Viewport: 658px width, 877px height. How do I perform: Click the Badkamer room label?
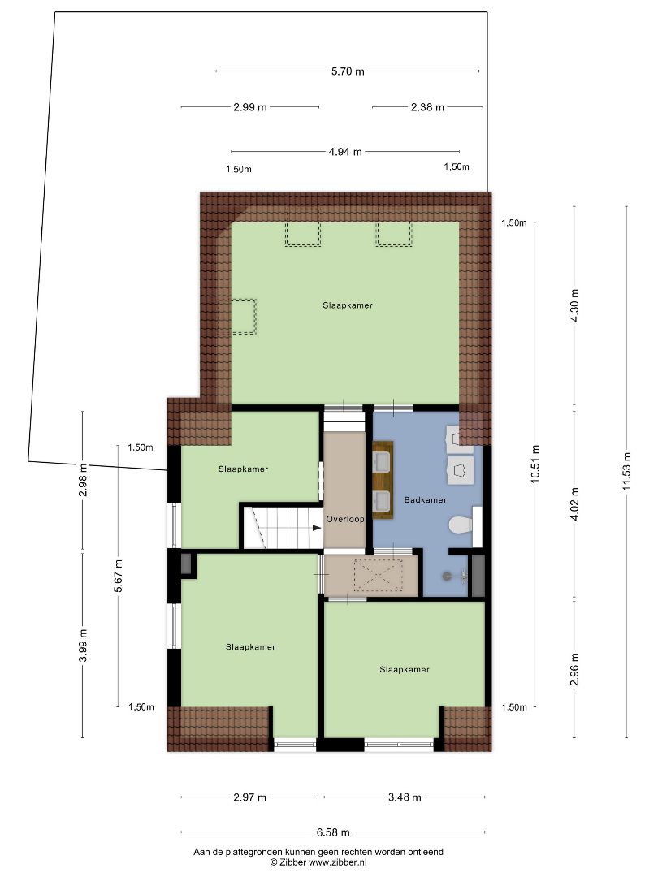(x=425, y=499)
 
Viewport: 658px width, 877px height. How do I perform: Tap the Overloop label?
(x=345, y=519)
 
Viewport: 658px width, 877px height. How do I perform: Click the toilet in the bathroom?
(x=461, y=525)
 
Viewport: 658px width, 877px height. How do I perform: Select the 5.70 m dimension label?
(x=348, y=71)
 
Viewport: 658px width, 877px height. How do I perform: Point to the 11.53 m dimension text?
(x=626, y=471)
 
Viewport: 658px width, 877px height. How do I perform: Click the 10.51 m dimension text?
(x=535, y=464)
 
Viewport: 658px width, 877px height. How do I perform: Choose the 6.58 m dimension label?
(x=333, y=832)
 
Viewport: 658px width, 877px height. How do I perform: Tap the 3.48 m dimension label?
(x=405, y=797)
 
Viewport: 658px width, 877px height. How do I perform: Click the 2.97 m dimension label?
(x=249, y=797)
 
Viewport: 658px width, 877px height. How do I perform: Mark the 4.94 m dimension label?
(x=345, y=152)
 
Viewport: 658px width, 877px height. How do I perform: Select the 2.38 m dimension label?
(x=427, y=107)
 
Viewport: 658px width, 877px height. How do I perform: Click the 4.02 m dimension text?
(x=574, y=503)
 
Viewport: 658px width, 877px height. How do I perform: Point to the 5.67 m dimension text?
(x=118, y=576)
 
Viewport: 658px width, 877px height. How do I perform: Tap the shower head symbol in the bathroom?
(x=454, y=575)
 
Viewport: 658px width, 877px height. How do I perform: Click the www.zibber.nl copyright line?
(x=318, y=862)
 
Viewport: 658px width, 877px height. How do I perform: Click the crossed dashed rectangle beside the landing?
(x=378, y=575)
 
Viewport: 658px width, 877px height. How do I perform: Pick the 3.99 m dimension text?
(x=83, y=645)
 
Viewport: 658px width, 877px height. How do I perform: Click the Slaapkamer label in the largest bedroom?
(x=348, y=305)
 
